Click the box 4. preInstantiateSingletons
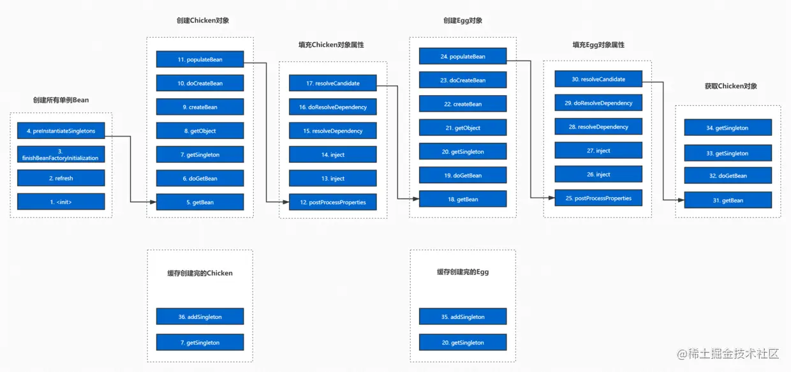coord(61,131)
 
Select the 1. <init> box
coord(61,202)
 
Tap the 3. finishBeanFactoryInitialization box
coord(61,154)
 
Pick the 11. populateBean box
coord(200,59)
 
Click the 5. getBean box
coord(200,202)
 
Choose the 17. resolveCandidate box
coord(332,83)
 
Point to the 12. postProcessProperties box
coord(332,202)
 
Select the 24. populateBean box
coord(462,56)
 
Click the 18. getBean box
coord(462,199)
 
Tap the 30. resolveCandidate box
coord(598,79)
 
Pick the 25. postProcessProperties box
coord(598,198)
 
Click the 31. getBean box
coord(728,200)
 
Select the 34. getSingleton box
coord(728,128)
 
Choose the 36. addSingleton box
coord(200,316)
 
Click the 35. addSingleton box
coord(462,316)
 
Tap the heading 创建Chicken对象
coord(203,20)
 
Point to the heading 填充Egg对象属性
coord(598,45)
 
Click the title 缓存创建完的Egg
coord(462,272)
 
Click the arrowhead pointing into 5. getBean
coord(153,202)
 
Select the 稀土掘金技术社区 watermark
coord(728,353)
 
